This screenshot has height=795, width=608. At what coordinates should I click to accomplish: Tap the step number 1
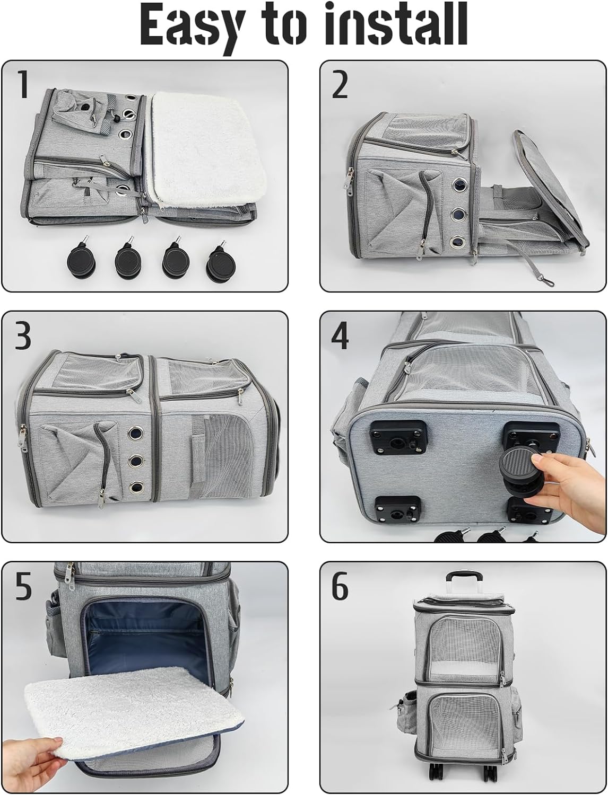(23, 85)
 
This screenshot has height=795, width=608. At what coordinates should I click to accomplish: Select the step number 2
(340, 85)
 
